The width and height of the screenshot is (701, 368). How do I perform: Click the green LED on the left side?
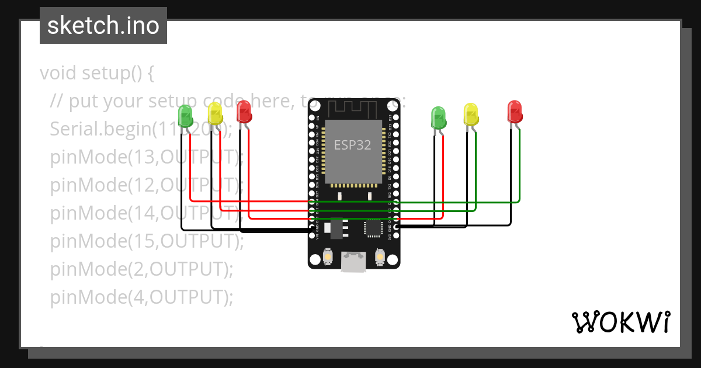(x=185, y=116)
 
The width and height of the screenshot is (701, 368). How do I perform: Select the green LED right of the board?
(x=438, y=117)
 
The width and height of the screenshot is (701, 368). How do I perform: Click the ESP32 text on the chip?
(x=352, y=145)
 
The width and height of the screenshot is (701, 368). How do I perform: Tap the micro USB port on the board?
(x=354, y=262)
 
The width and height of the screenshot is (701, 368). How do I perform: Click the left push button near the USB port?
(x=328, y=257)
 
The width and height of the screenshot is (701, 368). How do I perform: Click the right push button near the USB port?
(x=380, y=257)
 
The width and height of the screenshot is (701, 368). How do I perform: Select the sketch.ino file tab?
(x=103, y=26)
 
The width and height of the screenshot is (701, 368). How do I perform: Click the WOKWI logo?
(x=620, y=322)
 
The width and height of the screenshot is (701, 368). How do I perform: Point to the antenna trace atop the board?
(x=354, y=109)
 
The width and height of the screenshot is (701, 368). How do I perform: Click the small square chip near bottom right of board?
(x=372, y=228)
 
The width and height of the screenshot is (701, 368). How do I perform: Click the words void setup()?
(x=96, y=73)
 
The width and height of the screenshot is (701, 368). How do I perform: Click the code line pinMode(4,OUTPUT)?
(x=141, y=297)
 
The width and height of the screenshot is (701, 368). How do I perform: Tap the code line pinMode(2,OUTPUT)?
(x=141, y=269)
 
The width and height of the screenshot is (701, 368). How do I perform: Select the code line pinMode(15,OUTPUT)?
(x=146, y=241)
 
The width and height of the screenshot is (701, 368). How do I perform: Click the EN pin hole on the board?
(x=311, y=117)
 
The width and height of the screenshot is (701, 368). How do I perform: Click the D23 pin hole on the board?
(x=397, y=117)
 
